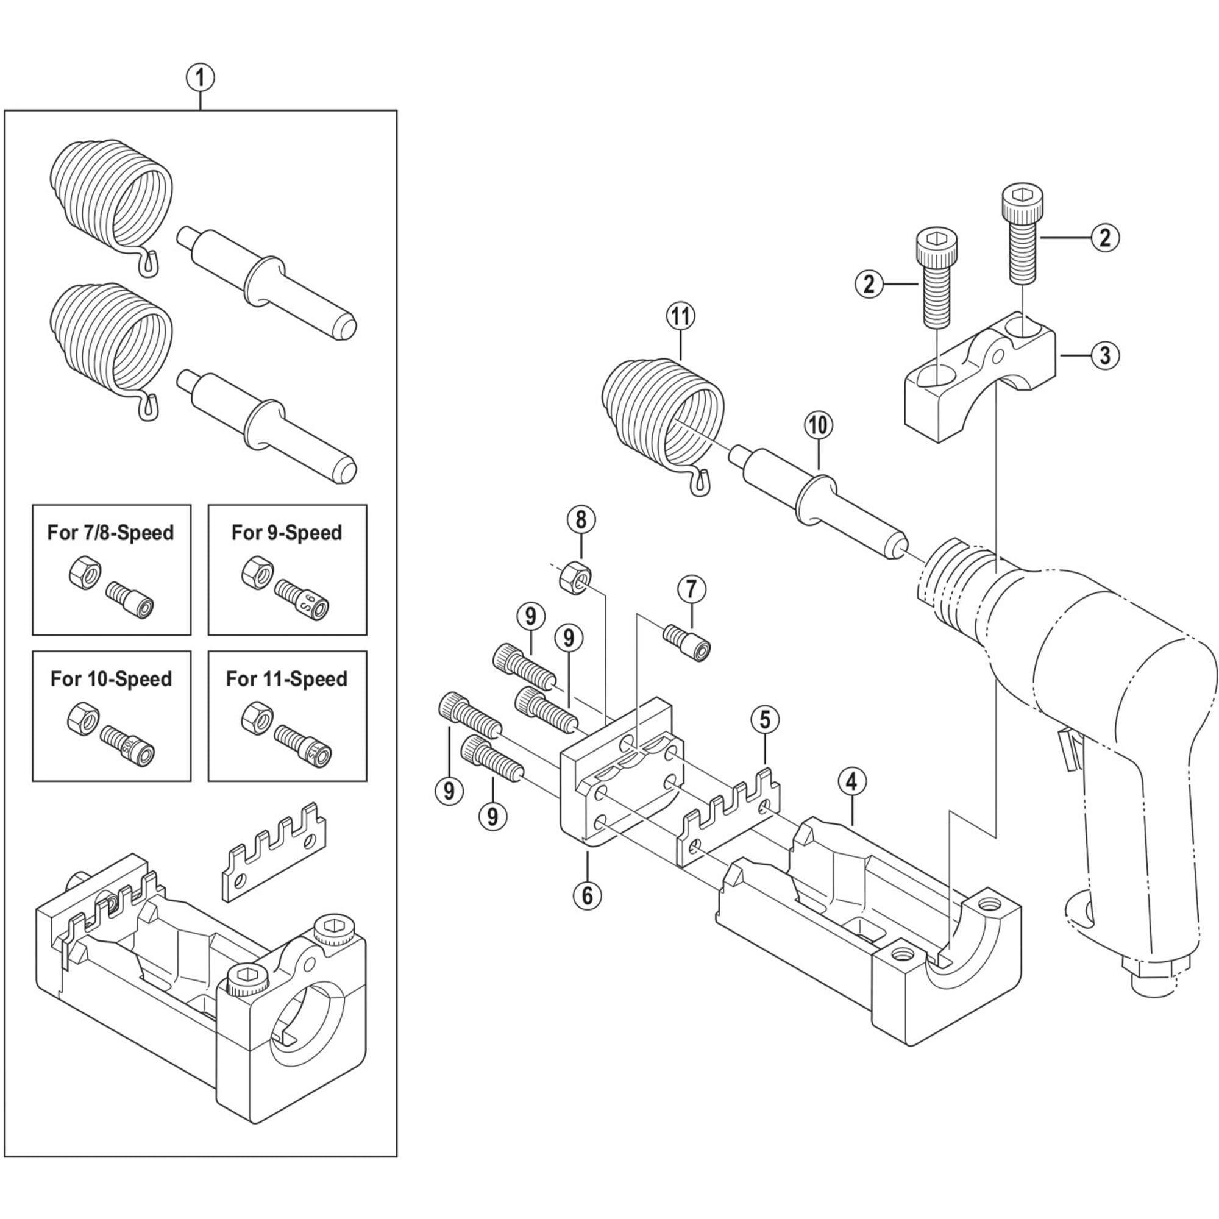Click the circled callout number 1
coord(201,79)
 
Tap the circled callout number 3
coord(1105,355)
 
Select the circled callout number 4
coord(852,783)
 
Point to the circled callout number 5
coord(766,719)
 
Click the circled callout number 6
coord(588,895)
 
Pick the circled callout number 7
coord(692,589)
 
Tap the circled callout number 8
coord(581,520)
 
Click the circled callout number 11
coord(681,317)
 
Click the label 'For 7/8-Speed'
coord(110,533)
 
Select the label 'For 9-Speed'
coord(286,533)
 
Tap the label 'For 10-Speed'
coord(111,679)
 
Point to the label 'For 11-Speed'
coord(286,679)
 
